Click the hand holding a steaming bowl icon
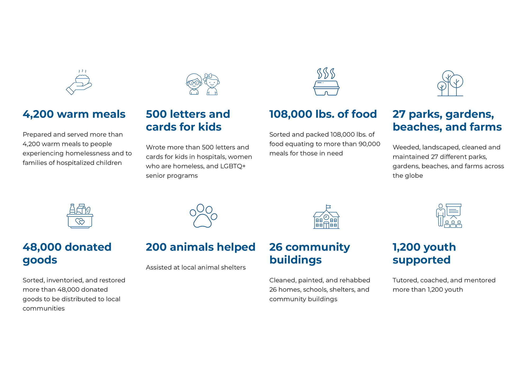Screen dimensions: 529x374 79,82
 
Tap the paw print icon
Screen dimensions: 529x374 203,216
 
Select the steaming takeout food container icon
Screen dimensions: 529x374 326,81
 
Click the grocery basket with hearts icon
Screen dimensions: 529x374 80,216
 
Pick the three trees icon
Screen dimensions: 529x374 450,83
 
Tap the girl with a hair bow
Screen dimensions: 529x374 211,84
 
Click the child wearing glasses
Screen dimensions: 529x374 194,84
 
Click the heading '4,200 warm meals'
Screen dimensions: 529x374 74,114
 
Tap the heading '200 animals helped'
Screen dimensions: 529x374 201,247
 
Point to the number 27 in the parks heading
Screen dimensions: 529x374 399,114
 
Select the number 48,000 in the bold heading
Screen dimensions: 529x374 42,247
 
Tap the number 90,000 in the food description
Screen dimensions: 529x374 369,144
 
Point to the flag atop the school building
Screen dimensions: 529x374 328,206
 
